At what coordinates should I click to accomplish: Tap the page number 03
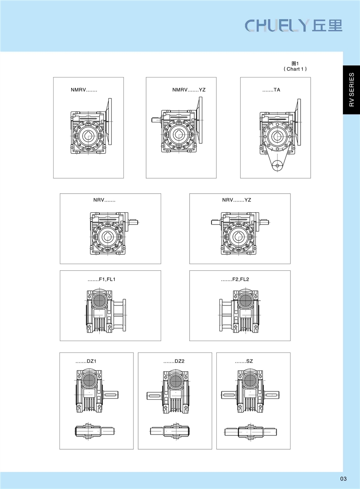click(x=343, y=479)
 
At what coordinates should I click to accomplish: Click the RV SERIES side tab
click(x=352, y=90)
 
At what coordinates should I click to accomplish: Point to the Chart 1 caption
click(x=295, y=67)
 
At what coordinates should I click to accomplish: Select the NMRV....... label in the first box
click(x=84, y=90)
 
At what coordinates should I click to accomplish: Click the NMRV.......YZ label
click(x=189, y=90)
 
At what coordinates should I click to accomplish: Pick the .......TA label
click(x=271, y=90)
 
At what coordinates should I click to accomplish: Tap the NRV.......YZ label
click(x=237, y=200)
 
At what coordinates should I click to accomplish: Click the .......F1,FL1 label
click(x=102, y=279)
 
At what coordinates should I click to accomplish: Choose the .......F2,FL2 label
click(x=235, y=279)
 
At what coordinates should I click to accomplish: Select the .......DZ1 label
click(x=86, y=361)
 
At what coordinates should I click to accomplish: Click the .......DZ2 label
click(x=174, y=361)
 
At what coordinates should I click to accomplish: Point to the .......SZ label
click(x=244, y=361)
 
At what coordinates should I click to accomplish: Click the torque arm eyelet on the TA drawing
click(x=276, y=166)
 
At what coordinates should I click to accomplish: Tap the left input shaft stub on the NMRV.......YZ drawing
click(x=156, y=119)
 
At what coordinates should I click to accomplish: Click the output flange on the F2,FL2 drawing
click(x=221, y=315)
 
